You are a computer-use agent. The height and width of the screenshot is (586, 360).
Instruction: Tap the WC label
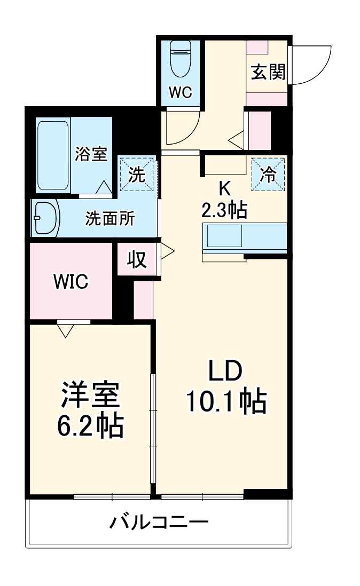(x=181, y=92)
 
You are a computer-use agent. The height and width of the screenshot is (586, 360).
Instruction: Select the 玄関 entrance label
(x=268, y=72)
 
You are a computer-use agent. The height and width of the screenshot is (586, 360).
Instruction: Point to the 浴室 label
(x=91, y=154)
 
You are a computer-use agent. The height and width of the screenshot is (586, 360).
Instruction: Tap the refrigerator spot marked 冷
(x=268, y=175)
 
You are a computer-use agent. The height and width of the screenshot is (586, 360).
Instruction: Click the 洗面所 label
(x=111, y=218)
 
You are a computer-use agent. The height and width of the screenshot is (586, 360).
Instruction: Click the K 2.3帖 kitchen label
(x=224, y=200)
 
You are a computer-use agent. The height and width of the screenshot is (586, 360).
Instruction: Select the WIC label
(x=71, y=281)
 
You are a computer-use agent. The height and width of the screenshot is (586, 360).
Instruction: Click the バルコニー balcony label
(x=159, y=521)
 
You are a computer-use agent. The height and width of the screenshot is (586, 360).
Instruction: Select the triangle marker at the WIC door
(x=65, y=331)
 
